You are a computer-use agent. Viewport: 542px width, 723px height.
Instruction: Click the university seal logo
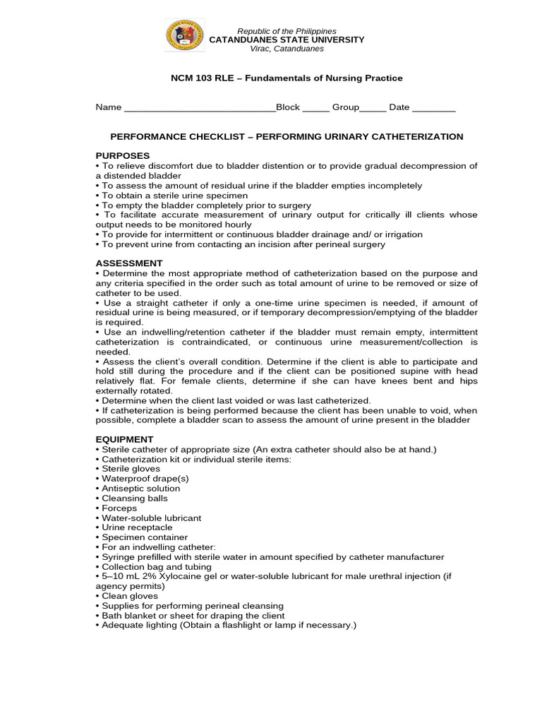184,36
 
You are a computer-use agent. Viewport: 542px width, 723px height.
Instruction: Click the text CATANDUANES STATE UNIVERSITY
287,40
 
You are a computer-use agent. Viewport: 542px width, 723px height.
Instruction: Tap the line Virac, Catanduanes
287,49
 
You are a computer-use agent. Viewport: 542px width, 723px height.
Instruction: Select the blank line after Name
200,108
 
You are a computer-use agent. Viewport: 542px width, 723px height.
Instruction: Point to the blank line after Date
433,108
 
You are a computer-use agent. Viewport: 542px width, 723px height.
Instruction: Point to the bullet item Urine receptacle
137,527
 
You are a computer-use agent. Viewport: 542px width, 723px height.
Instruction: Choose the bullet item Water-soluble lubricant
151,518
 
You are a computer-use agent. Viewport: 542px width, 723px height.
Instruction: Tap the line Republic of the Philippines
287,31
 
